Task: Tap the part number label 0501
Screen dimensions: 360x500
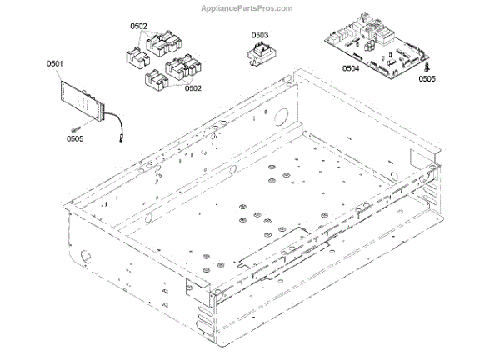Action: coord(55,62)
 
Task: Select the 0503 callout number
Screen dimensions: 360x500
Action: coord(260,35)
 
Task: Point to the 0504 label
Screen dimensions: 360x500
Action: coord(351,69)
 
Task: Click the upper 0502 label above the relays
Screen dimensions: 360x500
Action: coord(139,27)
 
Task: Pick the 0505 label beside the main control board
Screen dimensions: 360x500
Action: coord(427,78)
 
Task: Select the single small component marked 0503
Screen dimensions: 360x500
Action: coord(259,54)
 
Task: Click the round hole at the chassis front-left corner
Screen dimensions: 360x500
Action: coord(85,252)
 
